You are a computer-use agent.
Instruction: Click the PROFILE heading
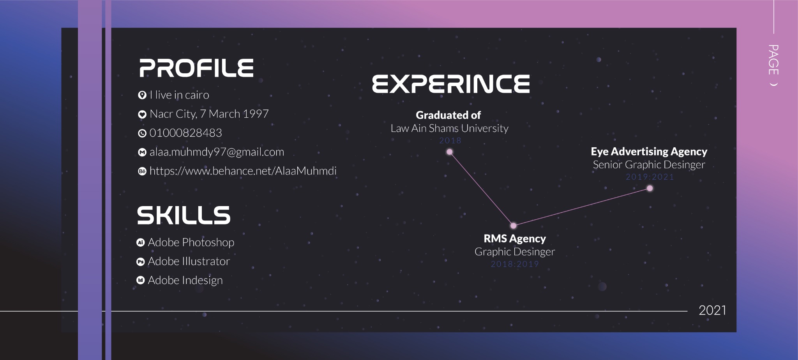[x=196, y=68]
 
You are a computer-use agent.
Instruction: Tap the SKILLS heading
[x=184, y=215]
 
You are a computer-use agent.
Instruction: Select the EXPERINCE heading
[x=451, y=84]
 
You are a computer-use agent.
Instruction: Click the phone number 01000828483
[x=186, y=133]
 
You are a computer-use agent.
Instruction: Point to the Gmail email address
[x=217, y=152]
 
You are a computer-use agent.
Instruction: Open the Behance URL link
[x=243, y=171]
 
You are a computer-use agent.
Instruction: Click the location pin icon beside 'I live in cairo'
[x=142, y=95]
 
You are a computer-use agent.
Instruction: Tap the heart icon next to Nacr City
[x=142, y=114]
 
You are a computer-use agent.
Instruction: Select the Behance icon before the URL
[x=142, y=171]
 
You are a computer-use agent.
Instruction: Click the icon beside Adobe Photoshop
[x=141, y=242]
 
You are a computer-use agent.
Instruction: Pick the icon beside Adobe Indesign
[x=141, y=280]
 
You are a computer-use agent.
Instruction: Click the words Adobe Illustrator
[x=189, y=261]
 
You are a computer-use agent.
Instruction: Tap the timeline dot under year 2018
[x=450, y=152]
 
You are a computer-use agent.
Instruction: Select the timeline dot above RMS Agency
[x=514, y=226]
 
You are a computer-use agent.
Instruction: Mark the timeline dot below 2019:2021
[x=650, y=189]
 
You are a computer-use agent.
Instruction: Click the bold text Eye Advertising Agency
[x=649, y=151]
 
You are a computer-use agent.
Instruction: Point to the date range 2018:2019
[x=515, y=264]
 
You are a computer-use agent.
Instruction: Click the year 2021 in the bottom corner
[x=712, y=310]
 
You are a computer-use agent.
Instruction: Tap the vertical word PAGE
[x=773, y=60]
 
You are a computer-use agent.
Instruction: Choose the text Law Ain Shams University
[x=449, y=128]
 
